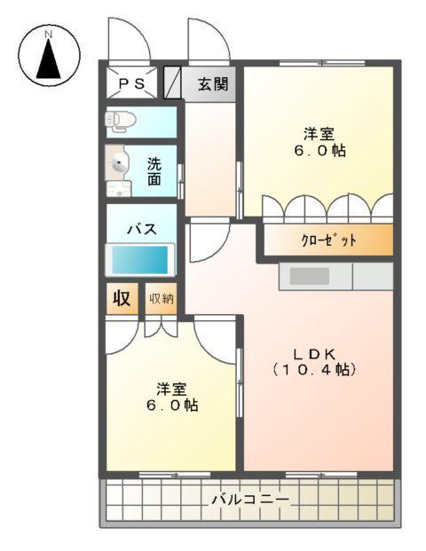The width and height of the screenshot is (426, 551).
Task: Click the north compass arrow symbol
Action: (x=50, y=63)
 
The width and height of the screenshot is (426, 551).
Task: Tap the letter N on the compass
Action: (x=50, y=35)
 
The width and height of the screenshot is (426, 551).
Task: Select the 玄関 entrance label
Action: (x=213, y=85)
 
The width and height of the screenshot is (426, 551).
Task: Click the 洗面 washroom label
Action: (x=154, y=170)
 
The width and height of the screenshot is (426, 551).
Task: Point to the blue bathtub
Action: (x=139, y=260)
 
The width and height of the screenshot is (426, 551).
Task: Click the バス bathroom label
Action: (x=141, y=228)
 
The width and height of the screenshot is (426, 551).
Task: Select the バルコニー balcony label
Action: (x=249, y=500)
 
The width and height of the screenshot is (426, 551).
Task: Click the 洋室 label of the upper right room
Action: (x=319, y=134)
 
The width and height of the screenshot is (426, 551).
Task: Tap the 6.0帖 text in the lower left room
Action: (x=172, y=405)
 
